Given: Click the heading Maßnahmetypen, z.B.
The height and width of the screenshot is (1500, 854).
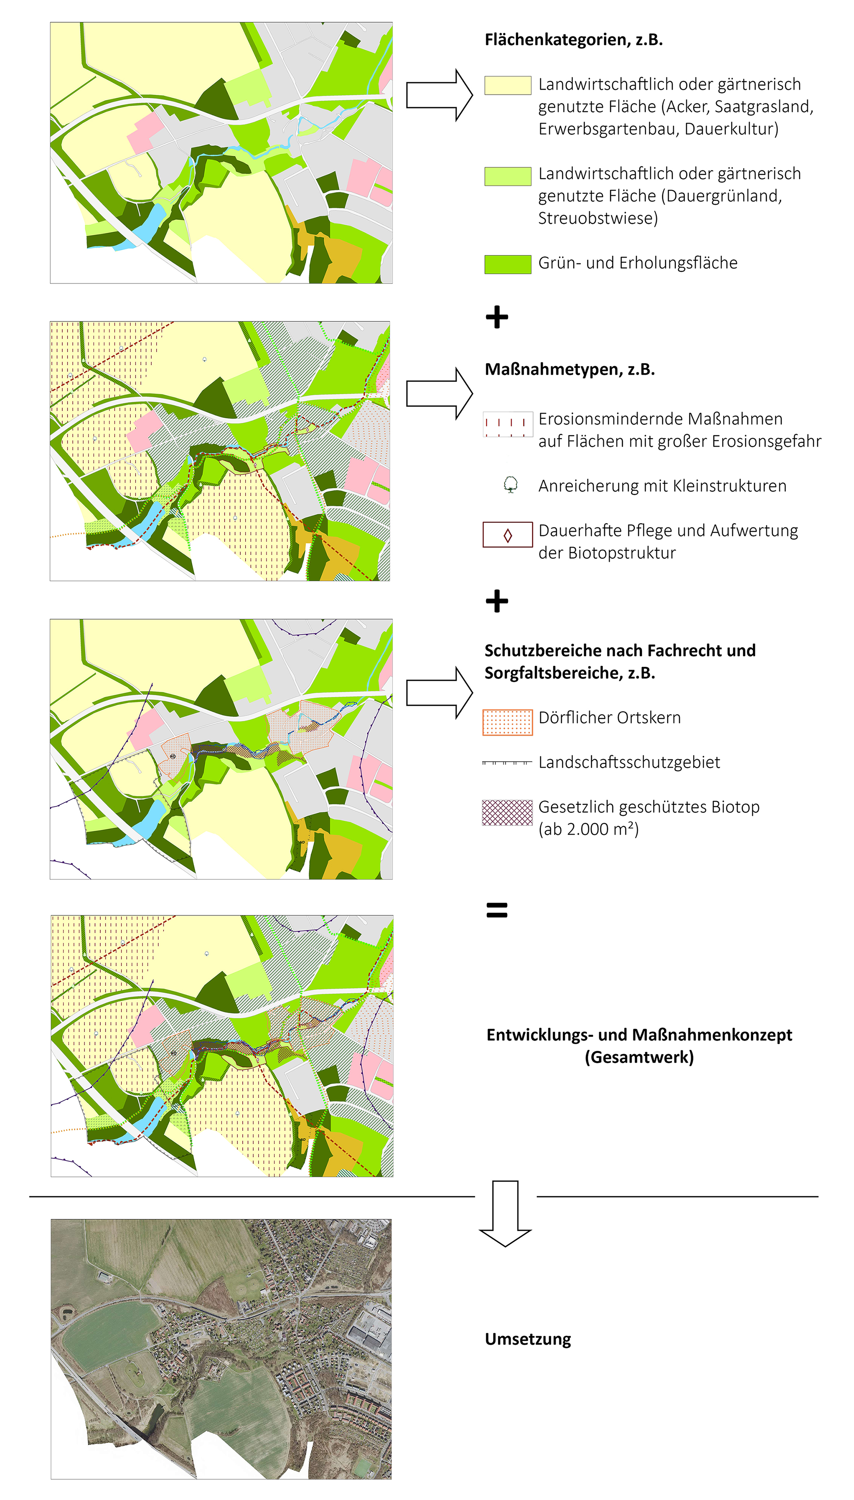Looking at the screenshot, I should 569,370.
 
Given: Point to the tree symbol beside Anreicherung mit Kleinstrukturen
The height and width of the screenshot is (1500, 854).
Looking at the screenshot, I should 510,485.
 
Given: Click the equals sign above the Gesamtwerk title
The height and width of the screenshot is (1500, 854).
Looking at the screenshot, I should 497,910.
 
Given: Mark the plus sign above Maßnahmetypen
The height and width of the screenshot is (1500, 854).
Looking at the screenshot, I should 497,317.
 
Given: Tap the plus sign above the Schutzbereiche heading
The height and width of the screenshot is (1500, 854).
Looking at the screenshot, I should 497,601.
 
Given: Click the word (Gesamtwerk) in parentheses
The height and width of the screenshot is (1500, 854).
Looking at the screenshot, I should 639,1057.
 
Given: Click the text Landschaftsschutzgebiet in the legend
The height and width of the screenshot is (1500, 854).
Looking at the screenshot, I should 629,762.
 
